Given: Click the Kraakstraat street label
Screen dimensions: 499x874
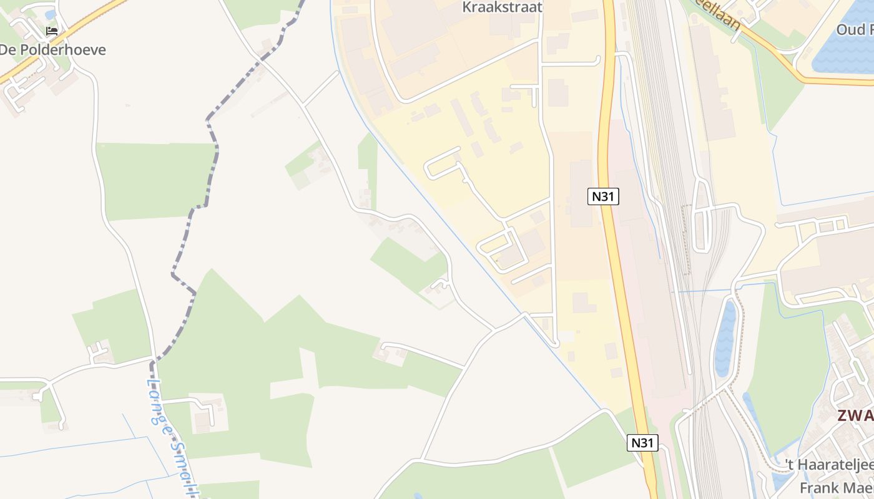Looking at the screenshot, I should tap(502, 7).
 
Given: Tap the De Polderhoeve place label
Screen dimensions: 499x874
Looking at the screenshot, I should tap(52, 50).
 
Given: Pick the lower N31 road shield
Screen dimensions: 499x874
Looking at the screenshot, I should tap(642, 443).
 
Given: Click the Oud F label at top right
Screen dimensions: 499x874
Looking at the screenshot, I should tap(855, 30).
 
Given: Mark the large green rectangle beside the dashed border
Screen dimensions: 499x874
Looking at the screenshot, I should tap(156, 181).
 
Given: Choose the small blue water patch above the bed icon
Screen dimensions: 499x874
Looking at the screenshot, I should tap(51, 14).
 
